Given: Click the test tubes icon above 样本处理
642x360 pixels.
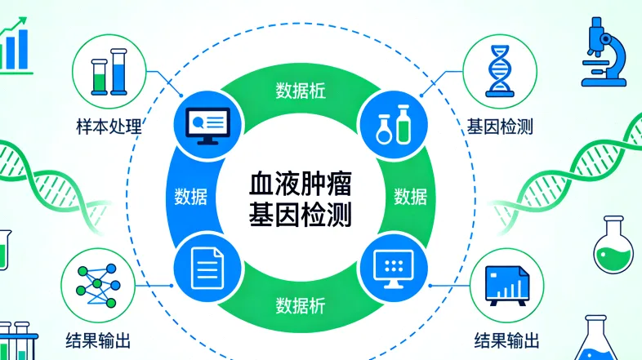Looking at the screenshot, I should click(x=109, y=71).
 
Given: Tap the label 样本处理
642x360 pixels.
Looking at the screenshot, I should click(x=106, y=128).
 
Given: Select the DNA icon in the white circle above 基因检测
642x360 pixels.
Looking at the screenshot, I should click(x=498, y=71).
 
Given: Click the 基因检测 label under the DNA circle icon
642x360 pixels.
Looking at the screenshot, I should click(x=501, y=128).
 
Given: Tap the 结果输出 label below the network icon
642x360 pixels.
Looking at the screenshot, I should click(x=99, y=338).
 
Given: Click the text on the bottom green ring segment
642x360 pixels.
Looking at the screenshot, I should click(x=300, y=306).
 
